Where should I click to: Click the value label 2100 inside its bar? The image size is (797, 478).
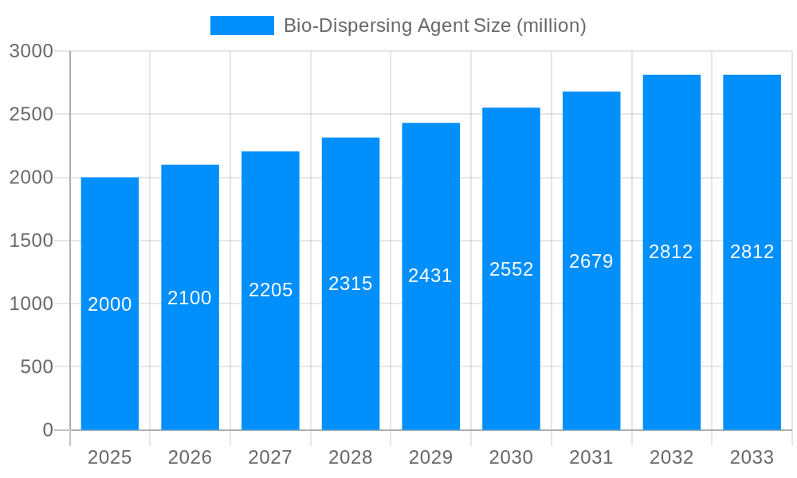tap(190, 298)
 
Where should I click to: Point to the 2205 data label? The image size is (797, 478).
tap(271, 290)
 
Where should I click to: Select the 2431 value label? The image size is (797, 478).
tap(430, 276)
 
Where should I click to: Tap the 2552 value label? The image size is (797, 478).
tap(512, 269)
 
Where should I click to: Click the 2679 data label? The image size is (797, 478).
tap(591, 261)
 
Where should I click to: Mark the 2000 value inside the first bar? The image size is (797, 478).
tap(110, 304)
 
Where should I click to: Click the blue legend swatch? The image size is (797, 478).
tap(242, 25)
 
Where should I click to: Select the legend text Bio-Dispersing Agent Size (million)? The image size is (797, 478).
tap(435, 25)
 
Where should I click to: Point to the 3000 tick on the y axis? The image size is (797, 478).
tap(31, 51)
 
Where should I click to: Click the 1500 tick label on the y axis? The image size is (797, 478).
tap(31, 241)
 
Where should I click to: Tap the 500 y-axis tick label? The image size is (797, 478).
tap(37, 366)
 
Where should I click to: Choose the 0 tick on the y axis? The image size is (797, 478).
tap(48, 430)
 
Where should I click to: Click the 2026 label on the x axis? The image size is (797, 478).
tap(190, 457)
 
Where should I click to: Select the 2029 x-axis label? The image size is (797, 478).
tap(430, 457)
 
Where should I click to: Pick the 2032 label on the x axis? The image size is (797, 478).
tap(672, 457)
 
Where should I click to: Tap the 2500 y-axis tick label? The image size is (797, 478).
tap(31, 114)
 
